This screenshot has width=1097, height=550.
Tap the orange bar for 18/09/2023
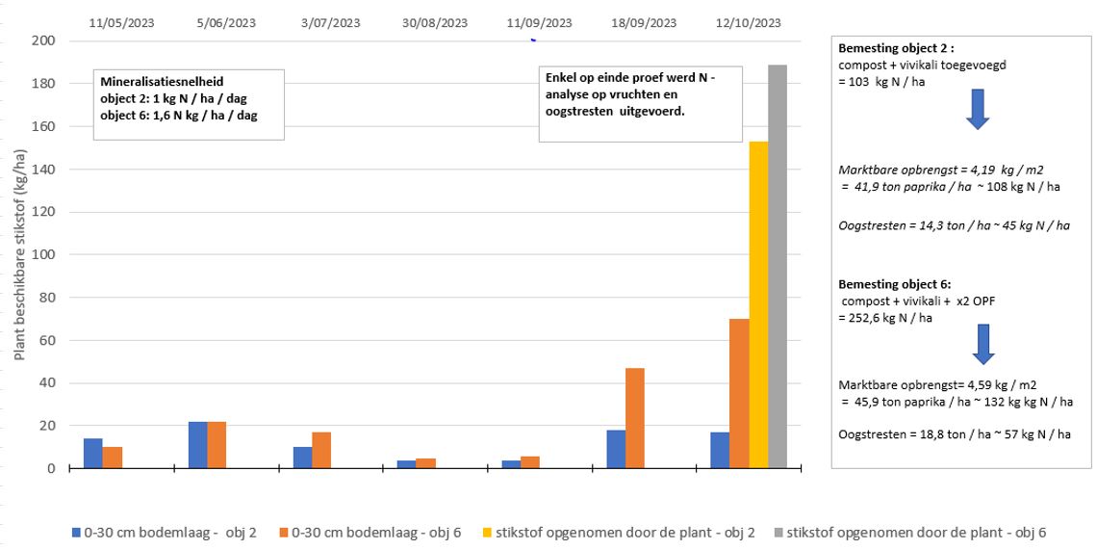(635, 418)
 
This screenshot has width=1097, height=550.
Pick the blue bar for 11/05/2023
(92, 454)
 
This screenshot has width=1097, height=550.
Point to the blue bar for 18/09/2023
(616, 449)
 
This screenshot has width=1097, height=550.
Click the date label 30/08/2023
(434, 23)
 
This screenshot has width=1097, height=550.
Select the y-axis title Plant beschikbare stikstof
(20, 254)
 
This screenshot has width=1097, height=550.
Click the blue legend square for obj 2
(76, 532)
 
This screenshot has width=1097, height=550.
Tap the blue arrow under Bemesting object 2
(977, 110)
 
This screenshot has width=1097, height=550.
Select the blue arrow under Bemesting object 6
(982, 344)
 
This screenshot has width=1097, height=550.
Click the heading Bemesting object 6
(895, 284)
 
